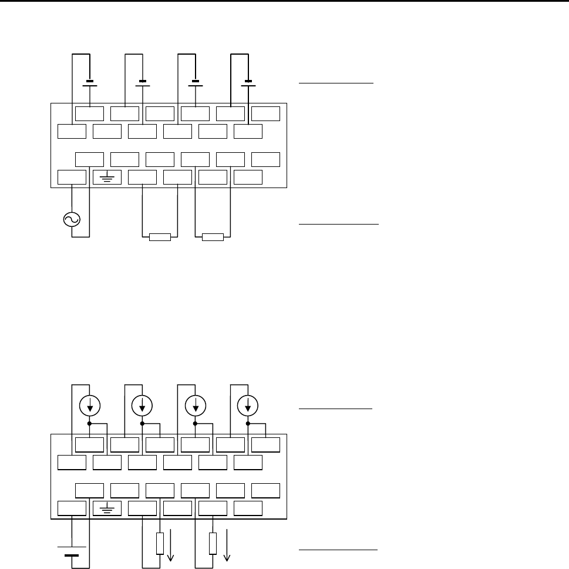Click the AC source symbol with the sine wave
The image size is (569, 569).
click(72, 220)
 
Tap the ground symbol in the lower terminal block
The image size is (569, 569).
click(107, 507)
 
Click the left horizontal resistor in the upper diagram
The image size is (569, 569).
click(159, 237)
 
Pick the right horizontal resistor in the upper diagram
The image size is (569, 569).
click(213, 237)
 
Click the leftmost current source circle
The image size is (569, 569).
click(89, 404)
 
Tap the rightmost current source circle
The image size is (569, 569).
click(248, 404)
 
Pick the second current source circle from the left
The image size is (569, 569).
click(143, 404)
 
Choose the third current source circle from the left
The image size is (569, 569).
click(195, 404)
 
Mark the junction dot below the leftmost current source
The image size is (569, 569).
click(89, 423)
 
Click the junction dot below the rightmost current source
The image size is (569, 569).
click(248, 423)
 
